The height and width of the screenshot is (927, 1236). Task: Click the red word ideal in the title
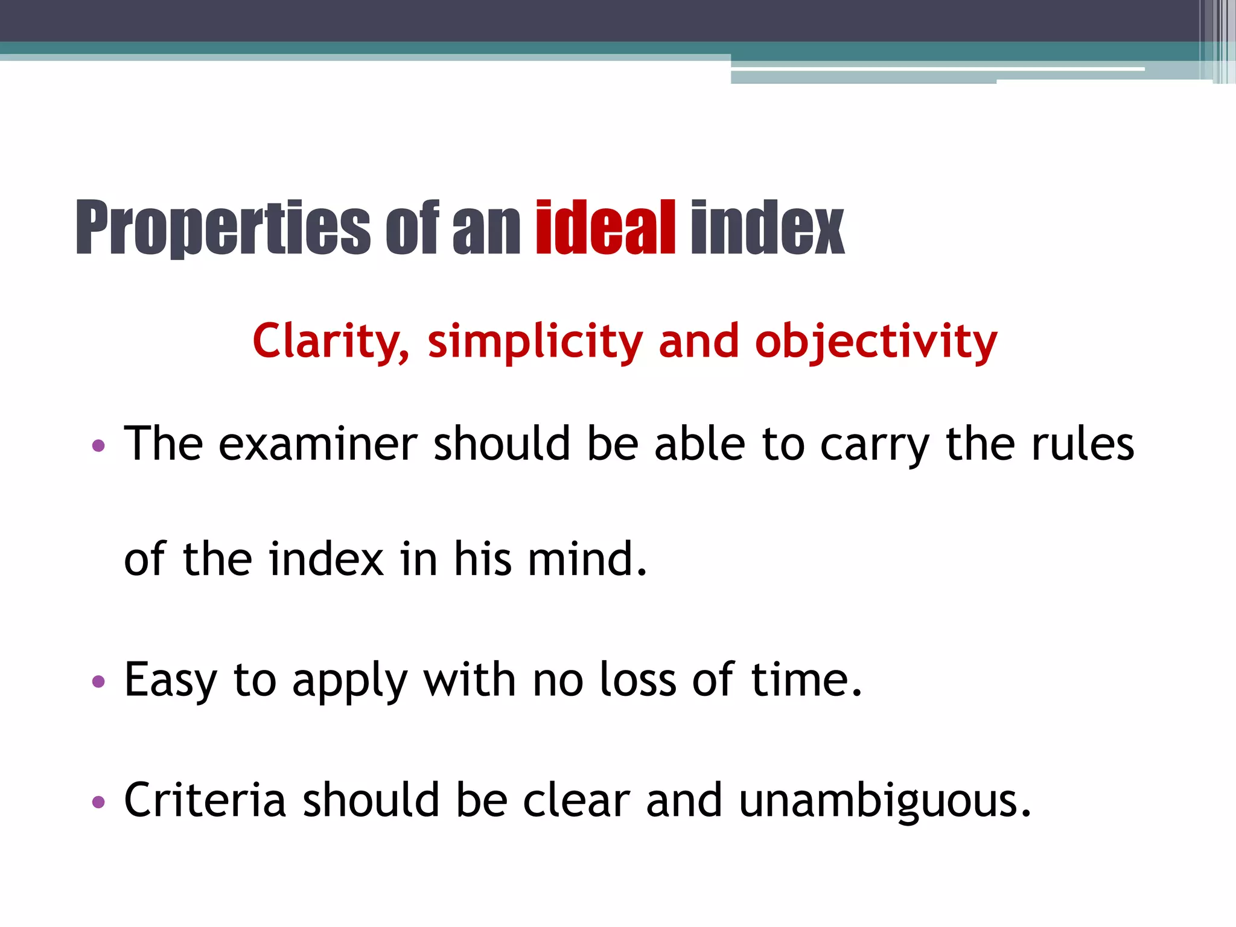(605, 228)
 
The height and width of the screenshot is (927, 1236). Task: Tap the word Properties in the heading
(223, 228)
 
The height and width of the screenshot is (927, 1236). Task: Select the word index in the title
(767, 228)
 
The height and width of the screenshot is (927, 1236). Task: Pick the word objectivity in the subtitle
(876, 342)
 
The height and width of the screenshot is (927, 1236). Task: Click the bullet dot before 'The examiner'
(98, 447)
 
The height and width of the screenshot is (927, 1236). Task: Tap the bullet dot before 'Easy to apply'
(98, 683)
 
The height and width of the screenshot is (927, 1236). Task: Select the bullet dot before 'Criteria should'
(98, 802)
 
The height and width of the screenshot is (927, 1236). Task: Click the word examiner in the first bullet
(318, 444)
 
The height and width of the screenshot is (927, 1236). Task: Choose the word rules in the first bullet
(1083, 444)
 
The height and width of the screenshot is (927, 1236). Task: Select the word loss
(638, 680)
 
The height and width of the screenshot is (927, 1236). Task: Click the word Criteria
(205, 800)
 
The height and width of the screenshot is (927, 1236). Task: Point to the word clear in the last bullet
(576, 800)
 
